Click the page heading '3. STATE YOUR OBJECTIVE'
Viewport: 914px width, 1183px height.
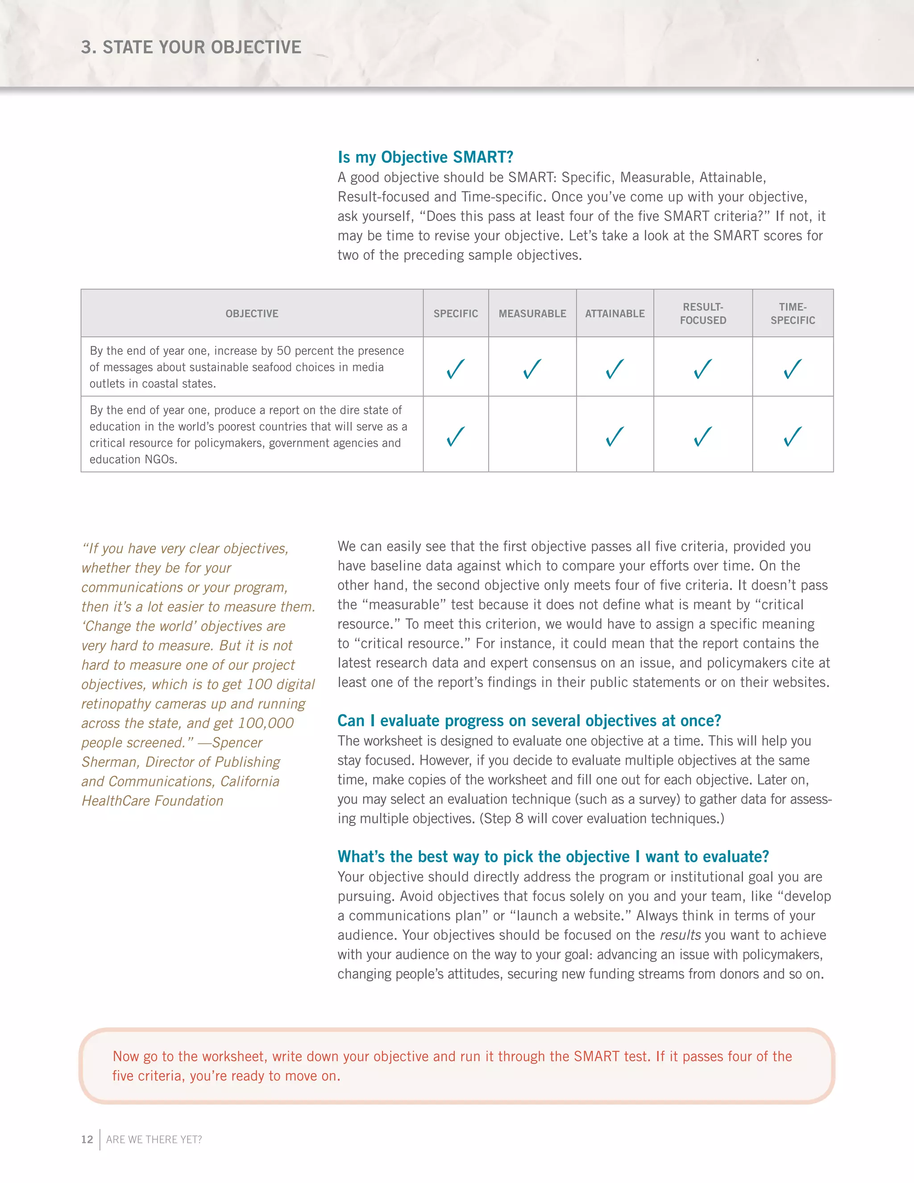pos(191,48)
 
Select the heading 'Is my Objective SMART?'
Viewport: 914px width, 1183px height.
pos(425,157)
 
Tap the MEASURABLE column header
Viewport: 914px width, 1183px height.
pos(532,314)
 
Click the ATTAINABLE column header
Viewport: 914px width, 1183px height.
pos(615,314)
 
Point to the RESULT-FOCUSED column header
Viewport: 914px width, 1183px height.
pos(703,314)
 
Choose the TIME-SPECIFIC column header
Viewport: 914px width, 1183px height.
pos(793,314)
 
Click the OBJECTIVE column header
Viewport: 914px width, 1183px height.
pos(252,314)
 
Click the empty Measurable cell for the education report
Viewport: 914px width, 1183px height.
pos(532,434)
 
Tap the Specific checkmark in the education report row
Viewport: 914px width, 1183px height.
pos(455,436)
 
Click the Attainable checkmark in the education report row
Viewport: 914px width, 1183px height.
pos(615,436)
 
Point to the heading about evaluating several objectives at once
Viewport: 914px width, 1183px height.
pos(529,721)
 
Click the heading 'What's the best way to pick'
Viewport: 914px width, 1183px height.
pos(553,857)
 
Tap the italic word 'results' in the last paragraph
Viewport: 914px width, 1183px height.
pos(680,935)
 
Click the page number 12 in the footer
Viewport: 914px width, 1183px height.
pos(87,1139)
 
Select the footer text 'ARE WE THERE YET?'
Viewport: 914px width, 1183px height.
pos(154,1139)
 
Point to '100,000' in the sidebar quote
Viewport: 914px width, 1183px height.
pos(266,723)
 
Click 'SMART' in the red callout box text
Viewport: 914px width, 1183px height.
pos(597,1056)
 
